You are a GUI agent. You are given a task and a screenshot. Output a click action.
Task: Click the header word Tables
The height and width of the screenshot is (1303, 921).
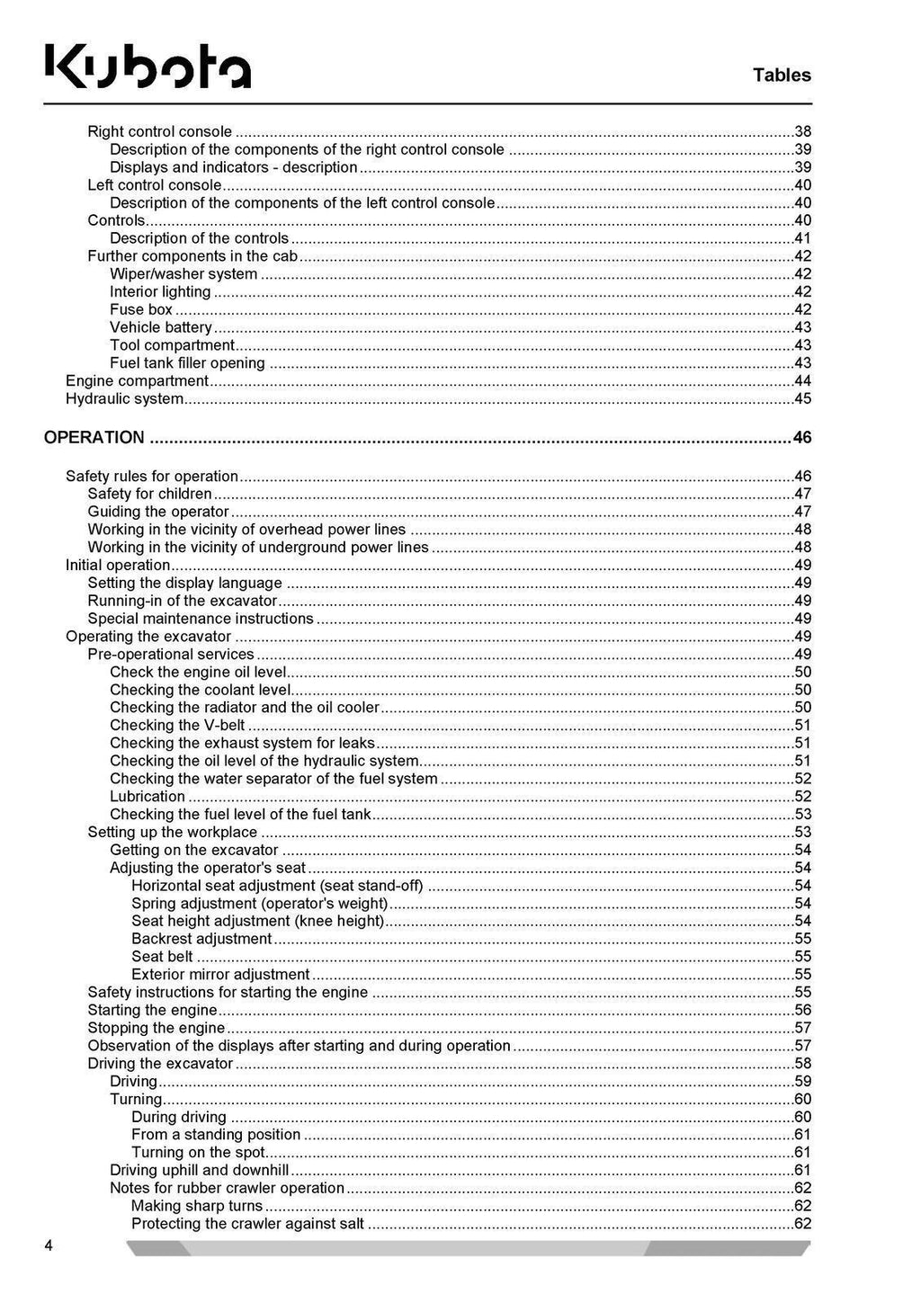[782, 76]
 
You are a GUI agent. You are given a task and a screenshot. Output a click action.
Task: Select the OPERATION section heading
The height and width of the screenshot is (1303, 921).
[94, 438]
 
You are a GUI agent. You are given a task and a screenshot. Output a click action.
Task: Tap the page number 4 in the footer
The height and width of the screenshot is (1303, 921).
[49, 1245]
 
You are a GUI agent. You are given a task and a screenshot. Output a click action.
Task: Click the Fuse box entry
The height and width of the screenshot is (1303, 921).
[141, 309]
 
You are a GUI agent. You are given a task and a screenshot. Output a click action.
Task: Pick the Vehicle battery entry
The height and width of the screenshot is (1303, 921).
[161, 327]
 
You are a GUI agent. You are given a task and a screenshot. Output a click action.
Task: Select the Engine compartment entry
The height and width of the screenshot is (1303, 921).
[137, 381]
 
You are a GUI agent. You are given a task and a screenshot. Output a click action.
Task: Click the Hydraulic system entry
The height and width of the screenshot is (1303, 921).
[124, 398]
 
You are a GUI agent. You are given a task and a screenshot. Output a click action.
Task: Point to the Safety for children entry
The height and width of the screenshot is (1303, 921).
[149, 494]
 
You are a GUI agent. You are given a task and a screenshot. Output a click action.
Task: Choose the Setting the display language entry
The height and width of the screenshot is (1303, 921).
[184, 583]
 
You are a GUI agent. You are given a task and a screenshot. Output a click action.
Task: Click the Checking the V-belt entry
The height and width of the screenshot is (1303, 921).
[177, 726]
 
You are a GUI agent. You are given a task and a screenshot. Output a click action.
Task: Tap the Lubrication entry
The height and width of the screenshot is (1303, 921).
[148, 797]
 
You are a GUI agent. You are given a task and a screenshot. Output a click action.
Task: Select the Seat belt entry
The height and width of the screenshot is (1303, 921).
[162, 957]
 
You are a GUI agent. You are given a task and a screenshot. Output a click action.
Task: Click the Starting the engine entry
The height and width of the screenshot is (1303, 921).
[152, 1010]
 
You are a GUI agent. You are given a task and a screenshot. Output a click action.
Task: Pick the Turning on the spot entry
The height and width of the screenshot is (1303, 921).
[198, 1153]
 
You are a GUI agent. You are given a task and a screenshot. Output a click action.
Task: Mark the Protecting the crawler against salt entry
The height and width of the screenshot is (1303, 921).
[247, 1224]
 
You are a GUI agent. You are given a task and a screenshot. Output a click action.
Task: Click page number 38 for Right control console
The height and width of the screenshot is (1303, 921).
[802, 131]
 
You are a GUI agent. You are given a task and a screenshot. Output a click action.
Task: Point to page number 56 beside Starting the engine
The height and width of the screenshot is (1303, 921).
[802, 1010]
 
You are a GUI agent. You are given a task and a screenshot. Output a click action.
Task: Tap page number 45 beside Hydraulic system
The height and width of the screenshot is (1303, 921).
[802, 398]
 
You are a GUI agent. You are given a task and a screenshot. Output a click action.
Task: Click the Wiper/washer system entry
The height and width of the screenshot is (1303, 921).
[183, 274]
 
